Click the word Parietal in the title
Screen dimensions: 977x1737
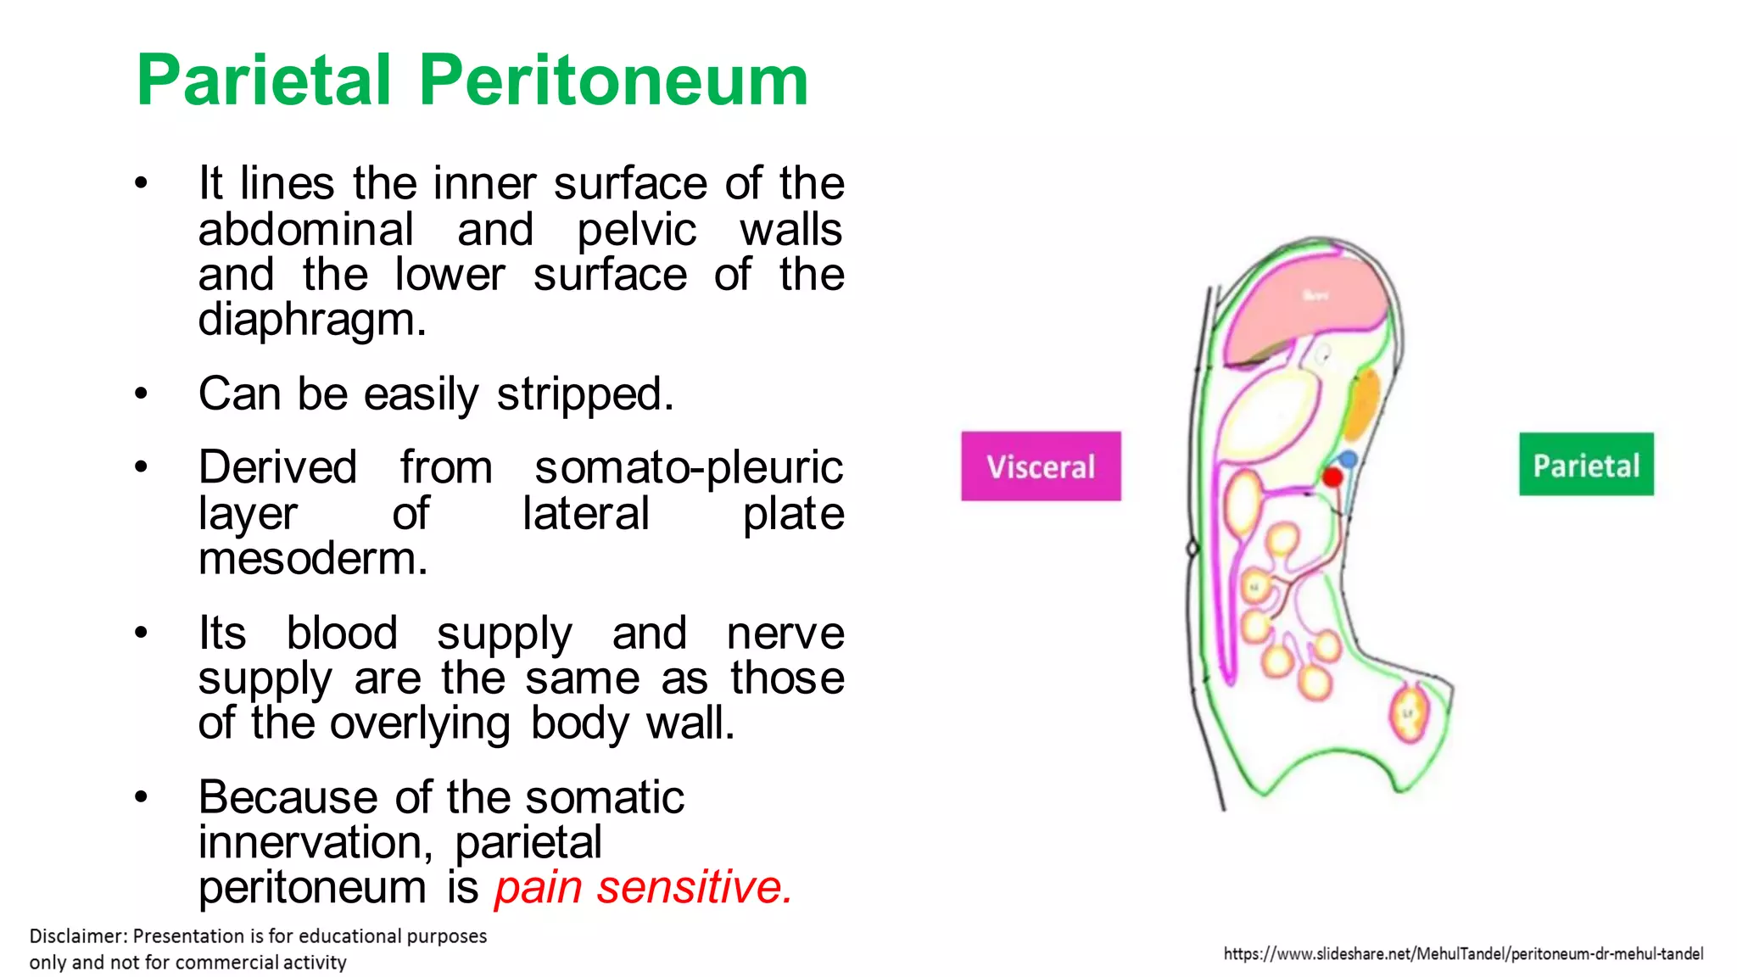coord(264,81)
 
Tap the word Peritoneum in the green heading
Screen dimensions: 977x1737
coord(613,81)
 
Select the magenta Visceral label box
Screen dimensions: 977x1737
coord(1041,466)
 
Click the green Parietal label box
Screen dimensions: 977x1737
coord(1586,465)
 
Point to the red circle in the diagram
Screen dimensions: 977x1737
coord(1332,477)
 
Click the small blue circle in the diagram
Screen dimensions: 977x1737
coord(1348,460)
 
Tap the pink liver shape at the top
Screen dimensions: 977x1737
coord(1310,305)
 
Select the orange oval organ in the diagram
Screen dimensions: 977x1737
coord(1363,405)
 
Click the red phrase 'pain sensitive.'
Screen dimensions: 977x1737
coord(644,888)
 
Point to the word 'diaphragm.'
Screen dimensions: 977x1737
coord(312,321)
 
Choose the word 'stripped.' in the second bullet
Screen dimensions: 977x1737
coord(585,394)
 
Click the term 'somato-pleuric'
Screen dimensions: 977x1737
coord(689,467)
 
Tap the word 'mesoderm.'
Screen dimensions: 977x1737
coord(313,559)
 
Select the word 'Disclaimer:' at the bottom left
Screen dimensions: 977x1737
coord(78,936)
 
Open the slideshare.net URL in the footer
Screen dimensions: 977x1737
coord(1463,954)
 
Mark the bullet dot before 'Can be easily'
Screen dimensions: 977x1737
coord(141,394)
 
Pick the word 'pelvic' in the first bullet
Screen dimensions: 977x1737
coord(637,230)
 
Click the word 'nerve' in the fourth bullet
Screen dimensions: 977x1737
coord(785,634)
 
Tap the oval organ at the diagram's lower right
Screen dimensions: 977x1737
coord(1409,713)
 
